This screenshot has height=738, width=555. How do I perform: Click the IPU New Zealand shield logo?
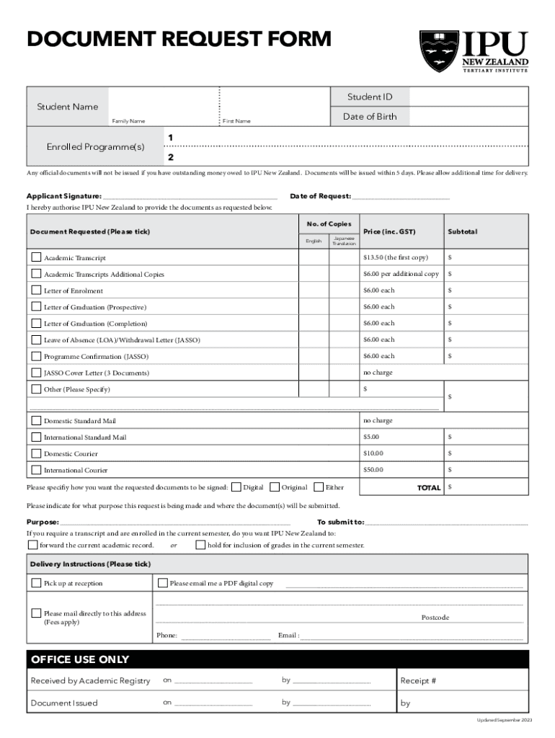click(x=438, y=51)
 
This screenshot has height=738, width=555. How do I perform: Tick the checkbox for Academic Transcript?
click(x=36, y=257)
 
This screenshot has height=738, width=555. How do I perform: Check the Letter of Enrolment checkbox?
click(x=36, y=290)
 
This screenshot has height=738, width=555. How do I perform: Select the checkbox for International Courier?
click(x=36, y=470)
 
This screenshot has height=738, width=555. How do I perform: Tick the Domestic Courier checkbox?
click(x=36, y=453)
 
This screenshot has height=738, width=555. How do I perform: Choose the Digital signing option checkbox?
click(x=236, y=487)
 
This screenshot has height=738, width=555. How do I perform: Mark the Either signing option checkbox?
click(x=319, y=487)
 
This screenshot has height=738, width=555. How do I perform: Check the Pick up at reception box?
click(x=36, y=583)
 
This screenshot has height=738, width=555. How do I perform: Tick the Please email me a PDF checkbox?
click(x=162, y=583)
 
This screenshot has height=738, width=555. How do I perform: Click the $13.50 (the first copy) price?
click(x=395, y=257)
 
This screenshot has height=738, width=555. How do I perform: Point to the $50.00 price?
click(x=373, y=470)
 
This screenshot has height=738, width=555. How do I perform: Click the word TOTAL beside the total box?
click(x=429, y=488)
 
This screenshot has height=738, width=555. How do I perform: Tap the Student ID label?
click(x=370, y=97)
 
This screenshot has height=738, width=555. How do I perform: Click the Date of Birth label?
click(x=370, y=117)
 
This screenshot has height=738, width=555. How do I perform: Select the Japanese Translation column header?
click(x=343, y=241)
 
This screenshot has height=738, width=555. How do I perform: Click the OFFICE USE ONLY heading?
click(x=80, y=659)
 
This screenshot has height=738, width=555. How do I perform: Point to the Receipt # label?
click(x=418, y=680)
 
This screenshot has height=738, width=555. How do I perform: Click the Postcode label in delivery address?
click(x=435, y=618)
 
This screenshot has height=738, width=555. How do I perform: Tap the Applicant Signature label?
click(x=64, y=196)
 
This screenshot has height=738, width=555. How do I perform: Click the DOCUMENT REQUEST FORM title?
click(x=179, y=39)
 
